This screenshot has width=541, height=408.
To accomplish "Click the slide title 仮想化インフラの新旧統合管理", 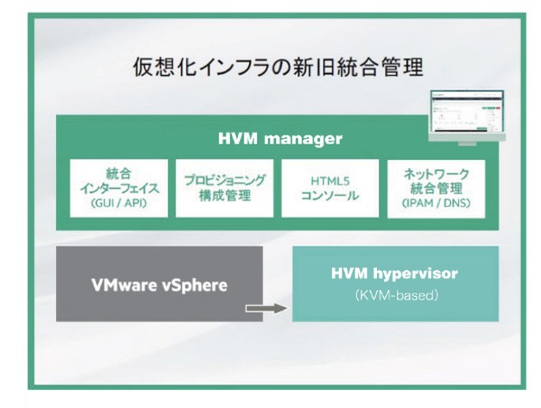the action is pyautogui.click(x=278, y=67).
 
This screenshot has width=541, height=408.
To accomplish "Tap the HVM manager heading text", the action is pyautogui.click(x=280, y=138).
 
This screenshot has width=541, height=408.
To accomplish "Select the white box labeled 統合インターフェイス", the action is pyautogui.click(x=119, y=189).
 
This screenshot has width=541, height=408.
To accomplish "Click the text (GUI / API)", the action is pyautogui.click(x=119, y=203).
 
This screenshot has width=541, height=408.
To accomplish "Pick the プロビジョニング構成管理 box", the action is pyautogui.click(x=225, y=189).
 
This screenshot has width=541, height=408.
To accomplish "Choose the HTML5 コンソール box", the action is pyautogui.click(x=330, y=189).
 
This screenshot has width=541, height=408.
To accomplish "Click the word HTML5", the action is pyautogui.click(x=330, y=181).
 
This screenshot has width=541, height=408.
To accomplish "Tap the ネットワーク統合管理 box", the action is pyautogui.click(x=436, y=189).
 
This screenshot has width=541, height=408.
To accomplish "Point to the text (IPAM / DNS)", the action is pyautogui.click(x=436, y=203).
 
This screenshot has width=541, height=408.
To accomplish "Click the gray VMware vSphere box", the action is pyautogui.click(x=160, y=283).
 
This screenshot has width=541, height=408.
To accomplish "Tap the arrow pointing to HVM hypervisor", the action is pyautogui.click(x=266, y=308).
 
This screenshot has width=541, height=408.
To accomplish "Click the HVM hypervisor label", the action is pyautogui.click(x=395, y=274).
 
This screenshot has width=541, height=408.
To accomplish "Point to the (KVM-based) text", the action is pyautogui.click(x=396, y=295).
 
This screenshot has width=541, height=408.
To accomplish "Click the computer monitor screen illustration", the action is pyautogui.click(x=467, y=112).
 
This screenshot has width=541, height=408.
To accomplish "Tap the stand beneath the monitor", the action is pyautogui.click(x=467, y=143).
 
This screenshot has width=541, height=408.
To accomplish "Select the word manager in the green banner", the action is pyautogui.click(x=303, y=139).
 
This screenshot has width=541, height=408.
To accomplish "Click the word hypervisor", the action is pyautogui.click(x=416, y=274).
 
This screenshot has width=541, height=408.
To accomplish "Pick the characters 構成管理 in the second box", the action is pyautogui.click(x=225, y=196).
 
